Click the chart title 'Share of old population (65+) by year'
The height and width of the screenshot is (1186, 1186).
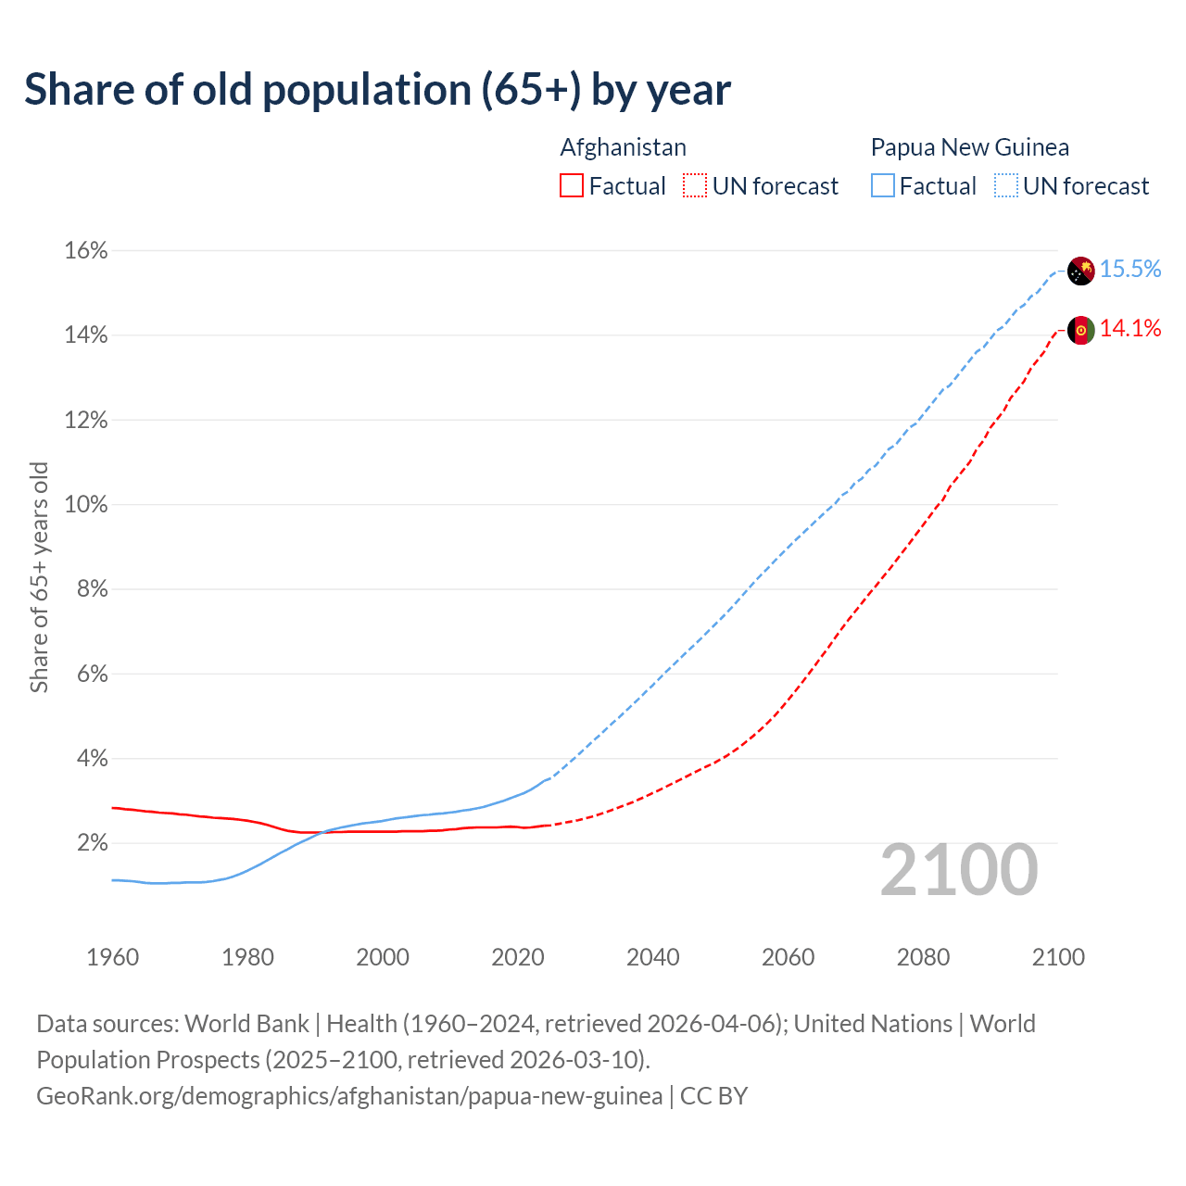[x=377, y=90]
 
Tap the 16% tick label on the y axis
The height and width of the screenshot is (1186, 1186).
[x=85, y=251]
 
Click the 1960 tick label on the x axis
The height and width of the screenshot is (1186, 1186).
[x=112, y=957]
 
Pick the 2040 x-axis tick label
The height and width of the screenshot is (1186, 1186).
[x=652, y=957]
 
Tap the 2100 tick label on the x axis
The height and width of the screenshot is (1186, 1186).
[x=1058, y=957]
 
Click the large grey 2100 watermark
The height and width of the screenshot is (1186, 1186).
[x=959, y=870]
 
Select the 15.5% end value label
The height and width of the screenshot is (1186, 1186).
[x=1130, y=270]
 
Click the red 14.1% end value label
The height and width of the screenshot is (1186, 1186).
[x=1130, y=329]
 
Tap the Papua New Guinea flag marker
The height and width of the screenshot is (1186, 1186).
[x=1080, y=271]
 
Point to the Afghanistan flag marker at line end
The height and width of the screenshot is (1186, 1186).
[x=1080, y=330]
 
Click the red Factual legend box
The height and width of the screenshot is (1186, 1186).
[x=572, y=186]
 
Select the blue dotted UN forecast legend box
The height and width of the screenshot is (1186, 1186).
[x=1006, y=186]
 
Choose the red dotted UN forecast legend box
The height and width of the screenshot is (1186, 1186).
[x=695, y=186]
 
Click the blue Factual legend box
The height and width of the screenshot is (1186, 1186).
[x=883, y=186]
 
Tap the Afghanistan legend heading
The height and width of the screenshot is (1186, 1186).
[x=623, y=147]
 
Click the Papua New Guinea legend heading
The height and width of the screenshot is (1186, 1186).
[x=969, y=147]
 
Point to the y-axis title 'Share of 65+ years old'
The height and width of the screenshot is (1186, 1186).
[x=39, y=577]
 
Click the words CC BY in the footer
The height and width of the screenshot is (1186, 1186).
[x=713, y=1096]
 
